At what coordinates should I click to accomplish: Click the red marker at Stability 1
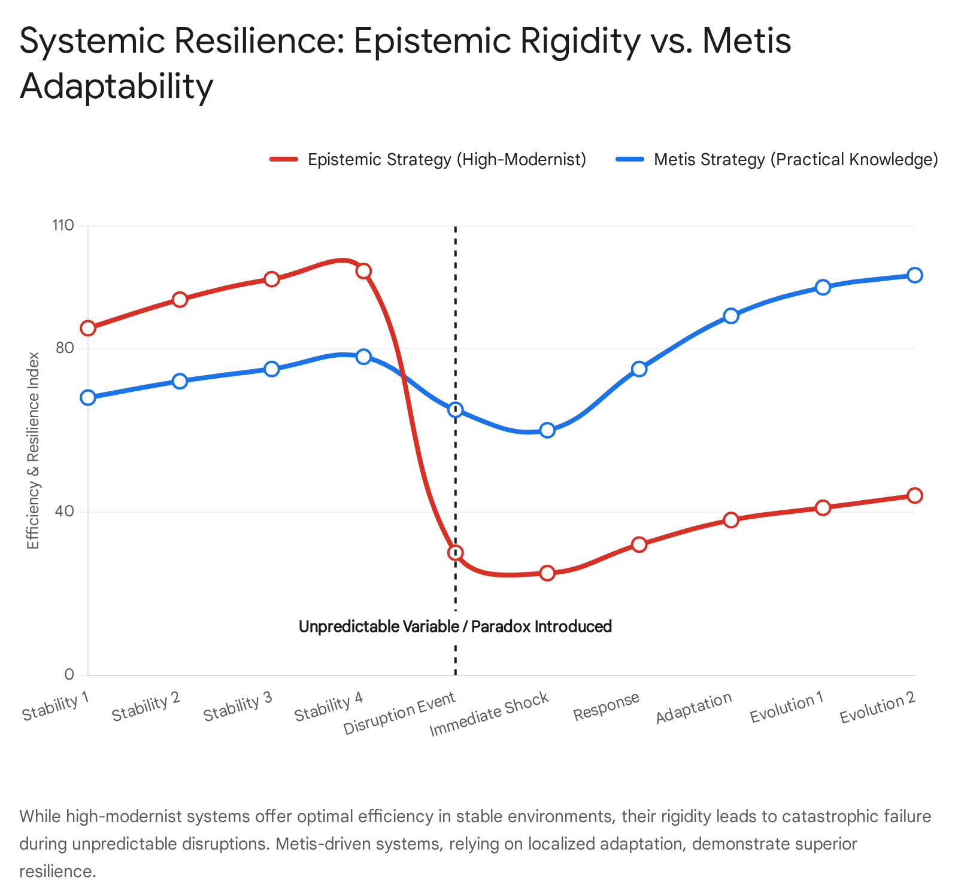click(x=88, y=328)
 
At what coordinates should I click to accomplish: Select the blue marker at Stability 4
click(x=363, y=357)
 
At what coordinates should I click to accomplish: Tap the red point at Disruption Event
click(x=456, y=553)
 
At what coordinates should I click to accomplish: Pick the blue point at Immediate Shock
click(x=547, y=430)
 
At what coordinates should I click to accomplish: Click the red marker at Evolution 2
click(x=915, y=495)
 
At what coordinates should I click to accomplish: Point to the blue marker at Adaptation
click(x=731, y=316)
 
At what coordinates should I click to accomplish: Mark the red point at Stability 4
click(x=363, y=271)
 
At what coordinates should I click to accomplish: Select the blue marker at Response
click(x=639, y=369)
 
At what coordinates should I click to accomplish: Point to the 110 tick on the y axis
click(x=63, y=226)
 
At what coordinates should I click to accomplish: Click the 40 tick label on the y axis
click(x=66, y=512)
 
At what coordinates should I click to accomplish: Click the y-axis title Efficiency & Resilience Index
click(x=34, y=450)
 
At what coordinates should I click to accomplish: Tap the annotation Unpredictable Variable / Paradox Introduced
click(x=455, y=626)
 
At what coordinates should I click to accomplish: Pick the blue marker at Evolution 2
click(x=915, y=275)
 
